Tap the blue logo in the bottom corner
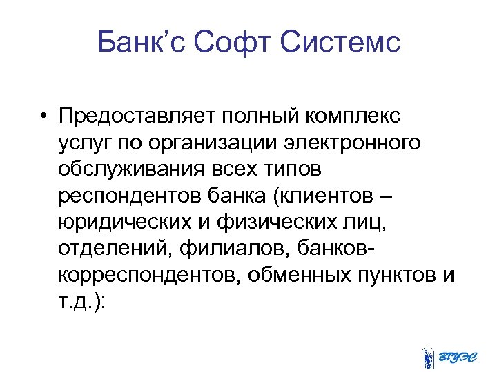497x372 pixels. [447, 355]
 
